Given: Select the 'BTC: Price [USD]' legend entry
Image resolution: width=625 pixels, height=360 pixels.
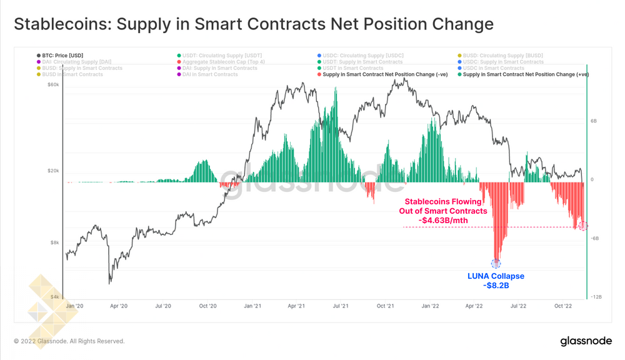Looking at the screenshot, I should coord(61,56).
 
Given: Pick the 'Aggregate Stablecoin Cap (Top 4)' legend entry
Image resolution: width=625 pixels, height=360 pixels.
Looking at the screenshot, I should coord(219,62).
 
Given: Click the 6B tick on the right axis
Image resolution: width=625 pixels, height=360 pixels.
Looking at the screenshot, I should coord(594,121).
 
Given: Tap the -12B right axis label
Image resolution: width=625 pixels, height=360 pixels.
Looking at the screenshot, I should coord(596,297).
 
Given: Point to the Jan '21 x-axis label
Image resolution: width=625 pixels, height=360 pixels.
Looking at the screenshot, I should coord(252,306).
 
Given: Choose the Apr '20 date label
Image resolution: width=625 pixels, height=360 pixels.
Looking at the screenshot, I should coord(119,306).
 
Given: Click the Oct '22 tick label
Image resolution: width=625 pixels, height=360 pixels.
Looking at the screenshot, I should coord(564,306).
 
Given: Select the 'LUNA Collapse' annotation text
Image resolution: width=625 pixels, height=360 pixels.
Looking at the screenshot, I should coord(496,276).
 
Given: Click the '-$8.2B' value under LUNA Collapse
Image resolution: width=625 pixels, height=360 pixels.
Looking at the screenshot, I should coord(496,286).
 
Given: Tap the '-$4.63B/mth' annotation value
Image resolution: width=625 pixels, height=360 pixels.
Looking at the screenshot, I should coord(442,220).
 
